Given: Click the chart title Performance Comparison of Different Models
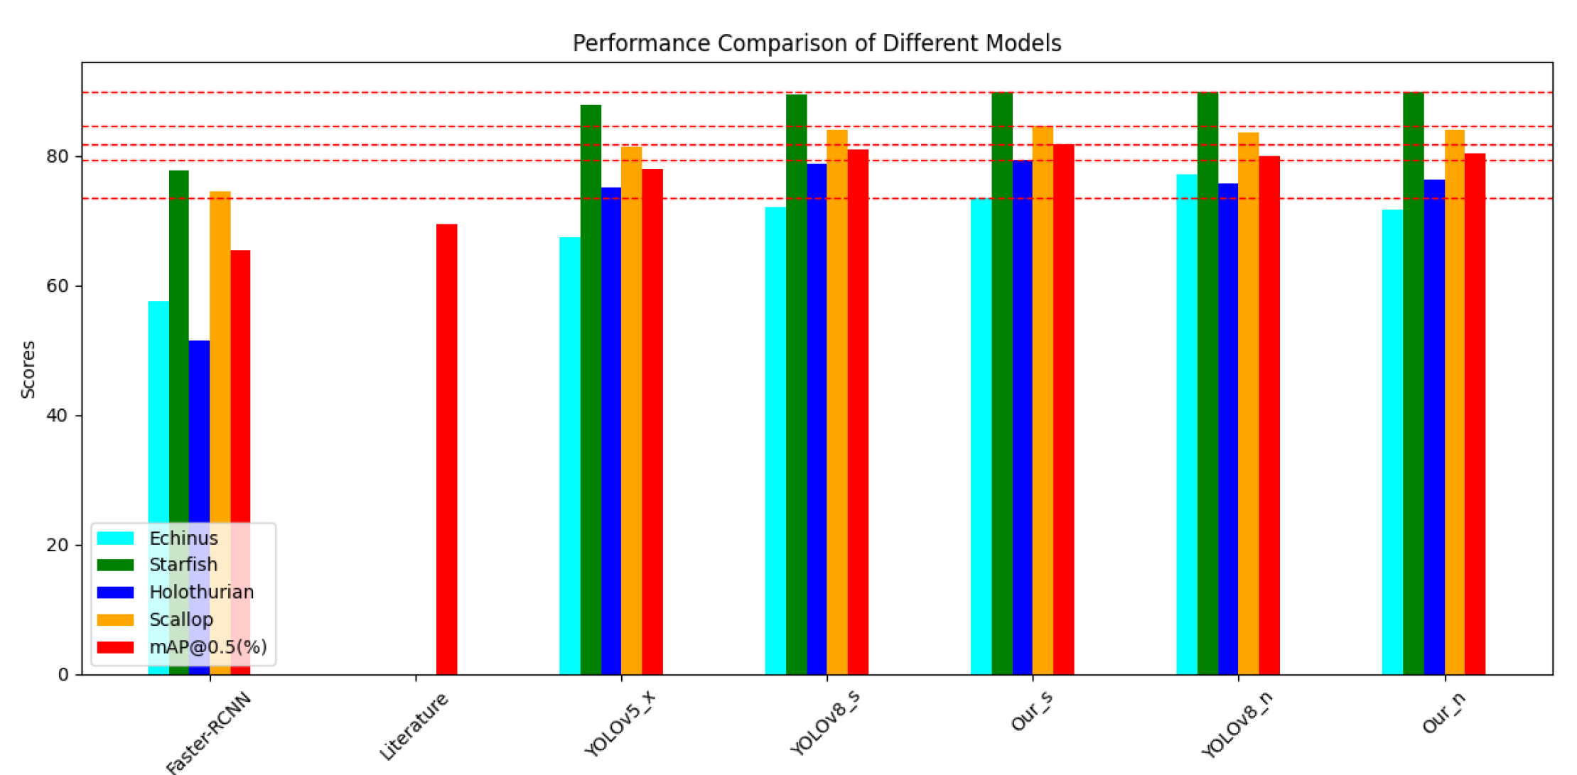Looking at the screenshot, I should (816, 43).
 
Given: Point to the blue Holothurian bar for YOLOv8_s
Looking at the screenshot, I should (817, 419).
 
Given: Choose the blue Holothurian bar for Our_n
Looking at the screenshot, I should (1434, 427).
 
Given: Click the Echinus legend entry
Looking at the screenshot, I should (183, 538).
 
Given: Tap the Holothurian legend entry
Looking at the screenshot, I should (201, 592).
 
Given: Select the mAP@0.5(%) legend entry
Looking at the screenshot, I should (208, 647).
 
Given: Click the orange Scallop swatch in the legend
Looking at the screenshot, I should (115, 620).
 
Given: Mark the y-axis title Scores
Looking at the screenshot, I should (28, 369).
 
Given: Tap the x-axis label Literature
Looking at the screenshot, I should (414, 726).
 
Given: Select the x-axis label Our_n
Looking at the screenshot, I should (1443, 712).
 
